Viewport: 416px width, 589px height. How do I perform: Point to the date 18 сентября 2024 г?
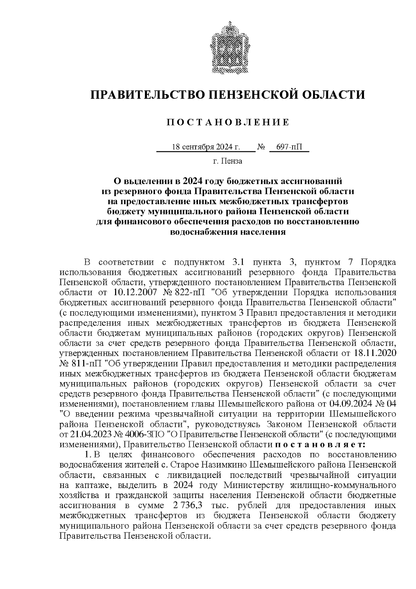(x=206, y=147)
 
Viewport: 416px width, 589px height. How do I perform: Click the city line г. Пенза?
(x=227, y=161)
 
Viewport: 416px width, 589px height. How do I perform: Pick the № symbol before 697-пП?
(x=261, y=148)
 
